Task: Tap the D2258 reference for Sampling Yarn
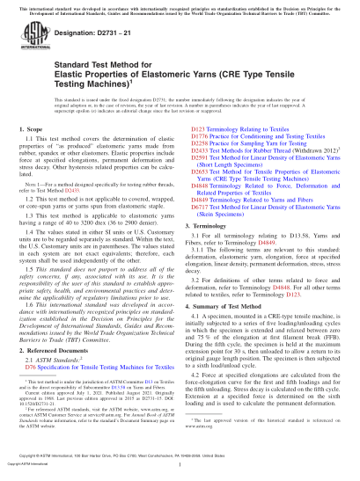point(197,144)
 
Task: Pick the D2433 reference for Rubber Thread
point(197,151)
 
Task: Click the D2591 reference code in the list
point(197,157)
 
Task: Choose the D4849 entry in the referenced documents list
point(197,197)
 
